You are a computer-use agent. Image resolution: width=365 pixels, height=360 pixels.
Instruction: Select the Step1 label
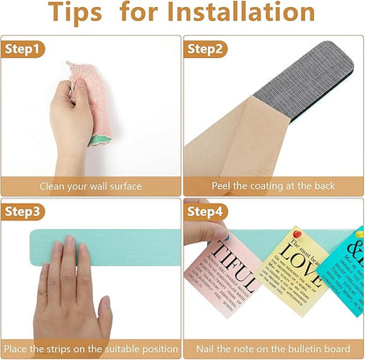pos(24,50)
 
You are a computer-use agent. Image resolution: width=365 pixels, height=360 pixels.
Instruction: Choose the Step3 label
pos(24,212)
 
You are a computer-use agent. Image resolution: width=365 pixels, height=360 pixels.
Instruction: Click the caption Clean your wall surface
pos(91,186)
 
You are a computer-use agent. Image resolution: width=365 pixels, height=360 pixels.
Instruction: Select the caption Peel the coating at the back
pos(273,186)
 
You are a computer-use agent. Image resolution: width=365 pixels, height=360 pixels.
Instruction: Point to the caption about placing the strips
pos(91,349)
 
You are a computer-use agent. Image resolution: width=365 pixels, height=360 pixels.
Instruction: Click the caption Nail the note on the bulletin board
pos(273,349)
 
